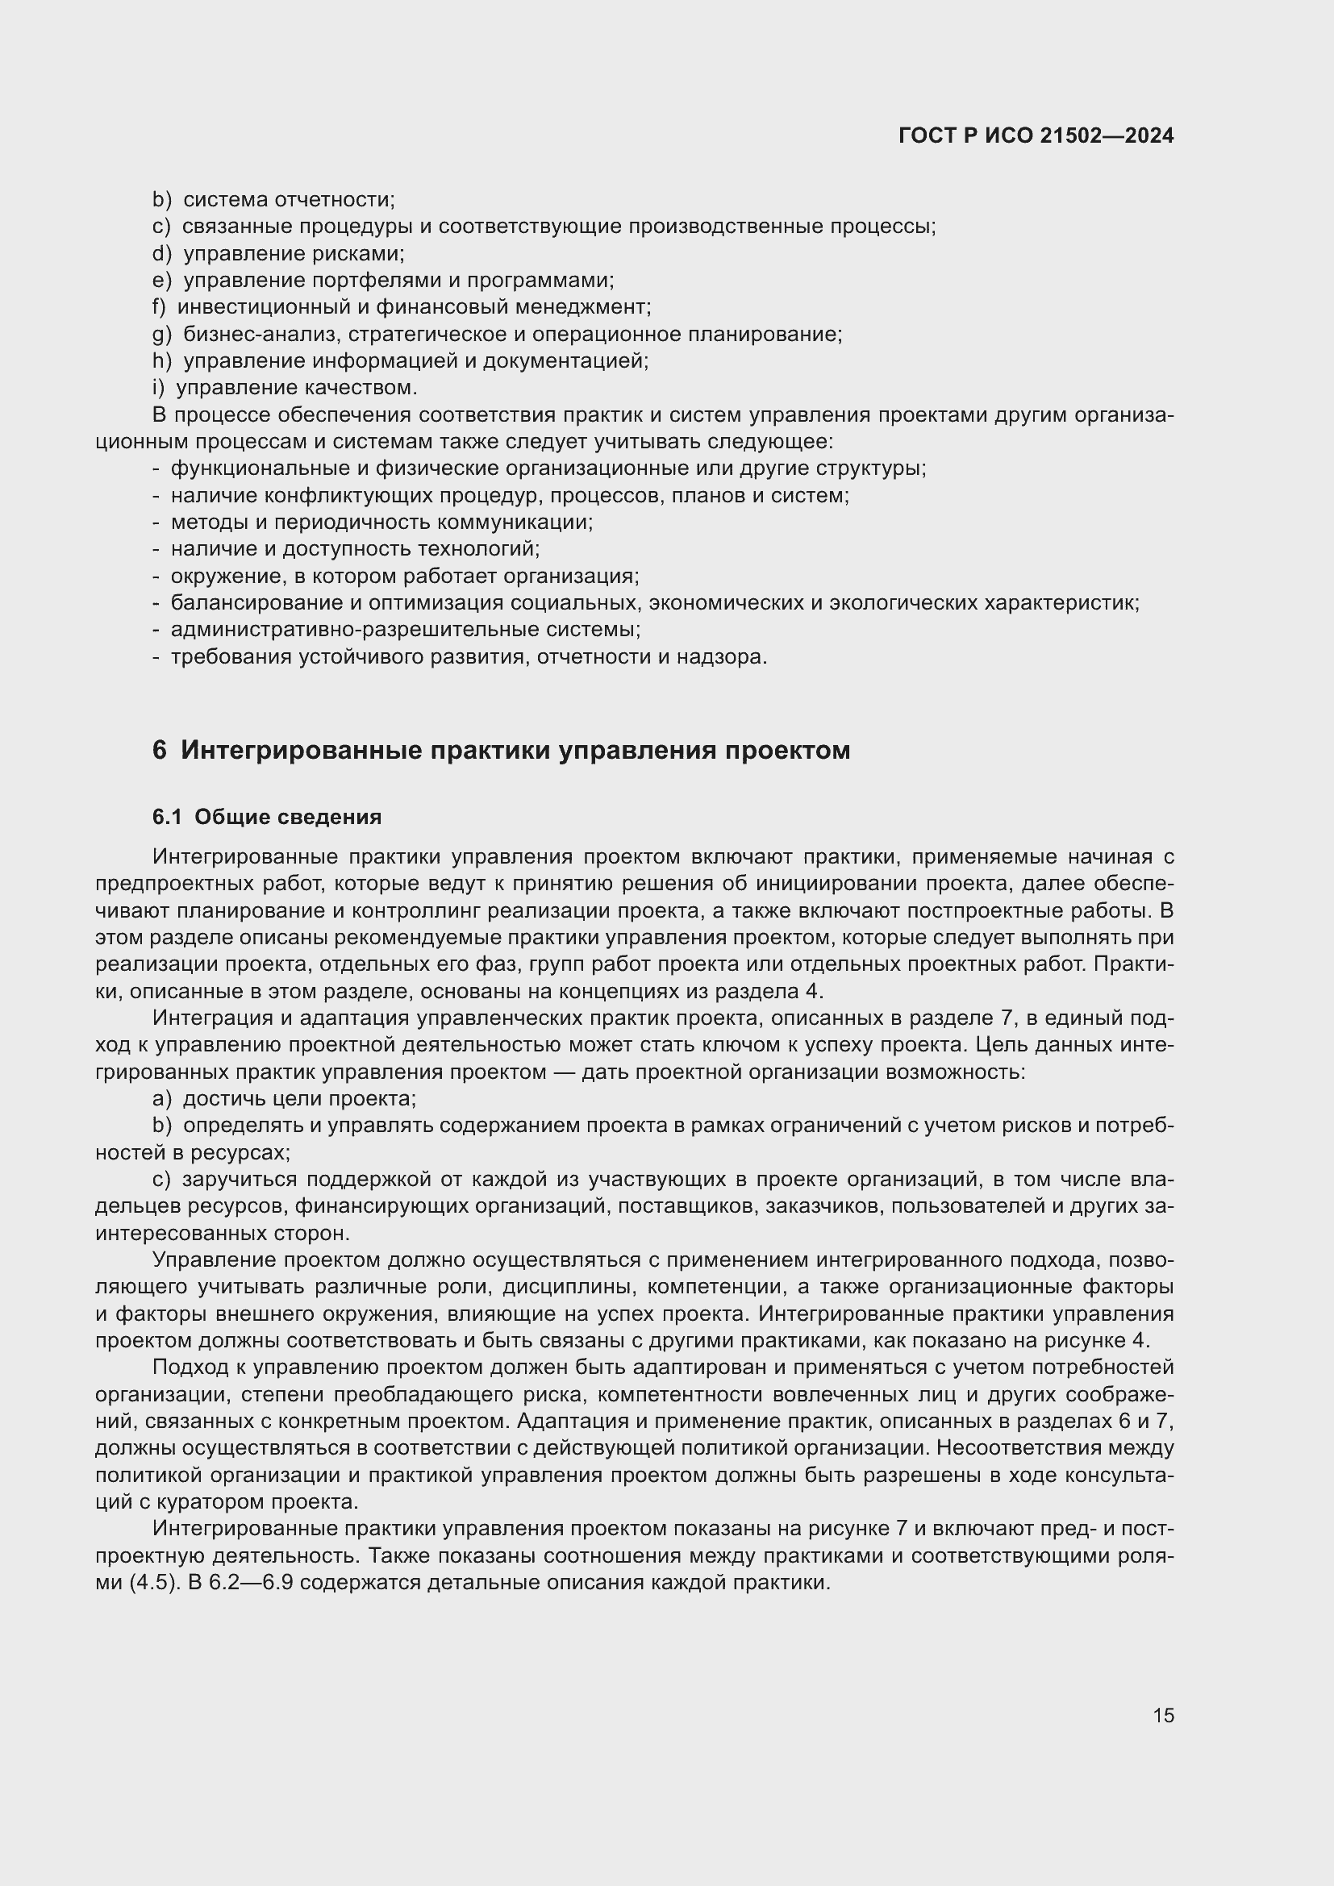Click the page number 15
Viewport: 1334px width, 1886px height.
[x=1163, y=1715]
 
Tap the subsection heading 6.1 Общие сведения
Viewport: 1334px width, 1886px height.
[x=267, y=818]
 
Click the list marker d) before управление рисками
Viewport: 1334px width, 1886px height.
[x=162, y=254]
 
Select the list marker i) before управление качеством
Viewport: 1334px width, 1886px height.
[x=159, y=388]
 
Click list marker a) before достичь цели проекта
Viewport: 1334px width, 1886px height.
[x=162, y=1099]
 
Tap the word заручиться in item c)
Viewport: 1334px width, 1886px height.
[x=239, y=1180]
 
